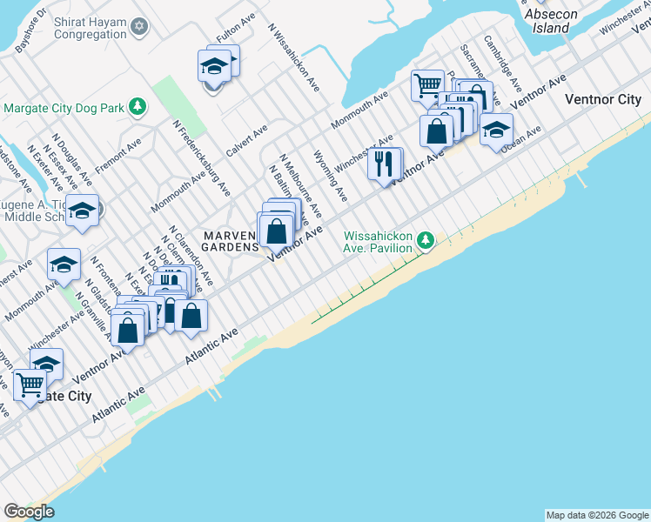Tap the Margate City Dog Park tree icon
[137, 108]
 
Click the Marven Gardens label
[231, 241]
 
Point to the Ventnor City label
[603, 99]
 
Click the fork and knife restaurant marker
[385, 164]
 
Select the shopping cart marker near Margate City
[30, 385]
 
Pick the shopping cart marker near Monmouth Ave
[427, 86]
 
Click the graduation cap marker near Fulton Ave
[214, 66]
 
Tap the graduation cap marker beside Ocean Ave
[496, 130]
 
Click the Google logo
[29, 512]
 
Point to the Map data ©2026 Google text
[597, 515]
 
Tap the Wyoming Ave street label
[330, 175]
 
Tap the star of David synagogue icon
[139, 28]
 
